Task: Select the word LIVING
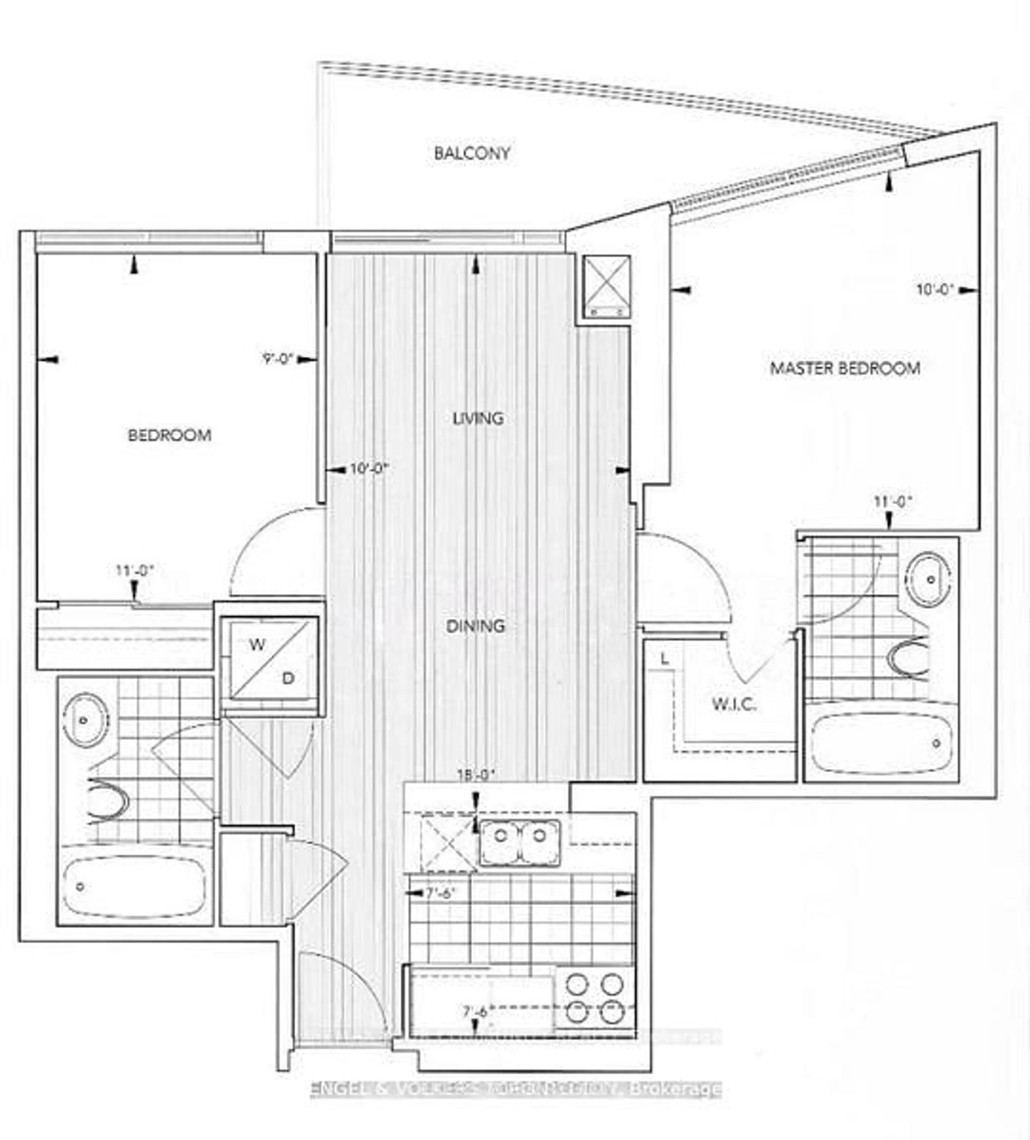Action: pos(478,418)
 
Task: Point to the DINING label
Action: pos(475,626)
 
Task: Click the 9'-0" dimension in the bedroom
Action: pos(277,359)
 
